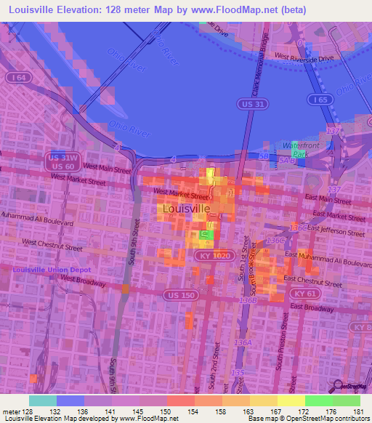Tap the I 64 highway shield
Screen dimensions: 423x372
pos(15,76)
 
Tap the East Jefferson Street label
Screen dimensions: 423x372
pos(335,231)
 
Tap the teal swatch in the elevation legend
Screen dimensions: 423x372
pos(42,400)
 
